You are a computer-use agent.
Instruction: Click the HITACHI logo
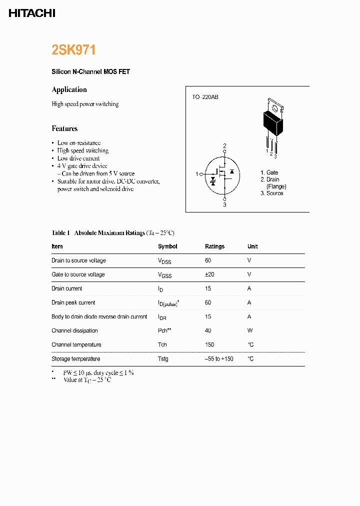tap(32, 13)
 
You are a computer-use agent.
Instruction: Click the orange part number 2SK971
tap(73, 50)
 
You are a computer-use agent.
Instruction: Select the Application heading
tap(69, 89)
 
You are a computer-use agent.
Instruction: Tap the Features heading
tap(64, 128)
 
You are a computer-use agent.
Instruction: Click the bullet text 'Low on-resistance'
tap(79, 143)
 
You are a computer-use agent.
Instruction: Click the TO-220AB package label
tap(205, 97)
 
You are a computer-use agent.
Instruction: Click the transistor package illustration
tap(272, 122)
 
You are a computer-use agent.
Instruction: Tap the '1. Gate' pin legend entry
tap(269, 172)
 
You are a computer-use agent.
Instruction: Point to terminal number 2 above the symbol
tap(224, 146)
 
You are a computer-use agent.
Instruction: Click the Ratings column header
tap(214, 246)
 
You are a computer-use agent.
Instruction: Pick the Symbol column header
tap(167, 246)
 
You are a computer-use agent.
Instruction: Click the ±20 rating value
tap(210, 274)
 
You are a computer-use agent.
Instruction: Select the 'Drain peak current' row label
tap(73, 302)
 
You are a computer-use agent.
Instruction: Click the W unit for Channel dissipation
tap(249, 330)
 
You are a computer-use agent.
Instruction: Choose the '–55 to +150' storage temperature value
tap(219, 359)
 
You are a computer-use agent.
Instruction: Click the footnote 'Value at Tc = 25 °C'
tap(87, 380)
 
